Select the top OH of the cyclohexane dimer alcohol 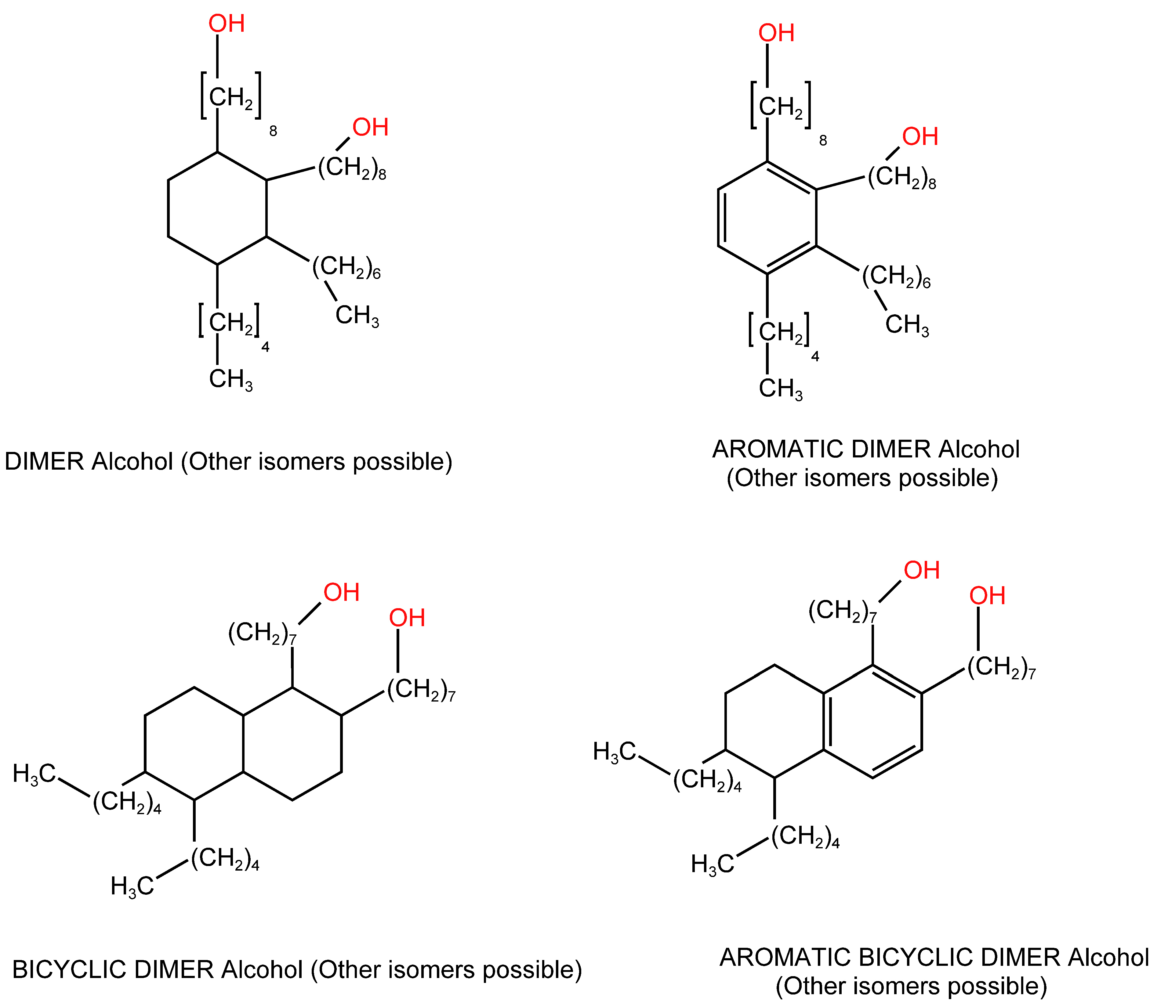coord(227,23)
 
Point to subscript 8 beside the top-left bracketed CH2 coord(273,131)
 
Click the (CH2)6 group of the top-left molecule coord(346,268)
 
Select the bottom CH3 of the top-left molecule coord(230,379)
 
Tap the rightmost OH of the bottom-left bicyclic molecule coord(407,618)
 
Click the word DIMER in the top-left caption coord(44,461)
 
